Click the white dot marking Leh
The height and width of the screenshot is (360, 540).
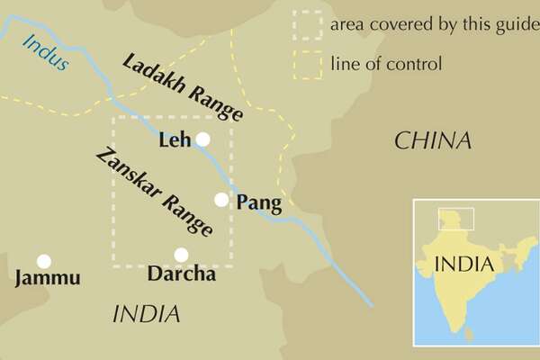click(x=203, y=139)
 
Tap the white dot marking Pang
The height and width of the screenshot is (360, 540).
click(x=221, y=200)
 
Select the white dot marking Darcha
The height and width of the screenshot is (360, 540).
click(x=181, y=255)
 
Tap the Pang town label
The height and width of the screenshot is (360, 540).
click(x=258, y=205)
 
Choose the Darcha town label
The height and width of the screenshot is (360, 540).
click(x=181, y=274)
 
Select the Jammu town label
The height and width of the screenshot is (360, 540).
click(x=48, y=278)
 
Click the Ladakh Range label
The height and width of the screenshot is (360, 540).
click(x=183, y=87)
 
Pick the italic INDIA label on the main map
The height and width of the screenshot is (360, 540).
click(x=146, y=314)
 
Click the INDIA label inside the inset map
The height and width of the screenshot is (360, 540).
click(x=463, y=265)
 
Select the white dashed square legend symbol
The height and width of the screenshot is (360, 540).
click(x=307, y=24)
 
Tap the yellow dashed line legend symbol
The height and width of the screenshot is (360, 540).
click(x=307, y=64)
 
